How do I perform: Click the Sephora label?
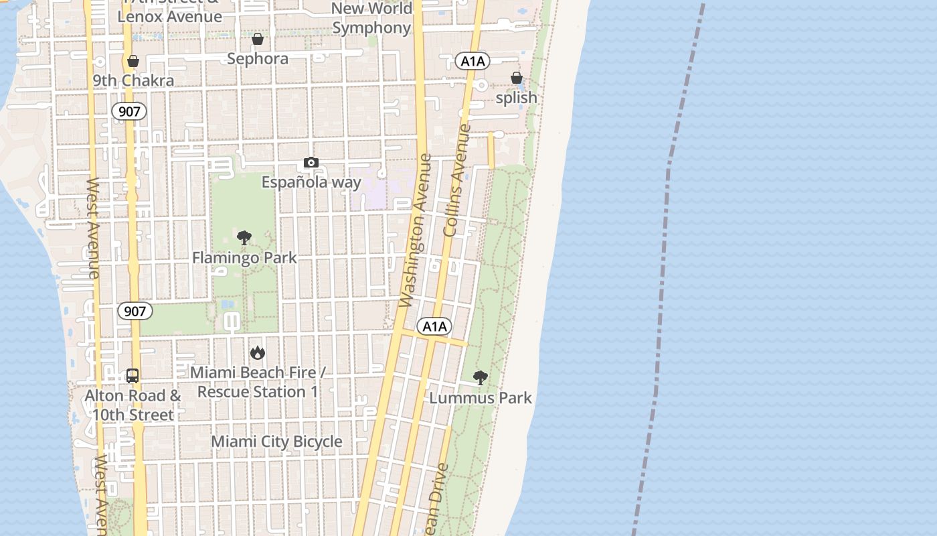click(x=258, y=59)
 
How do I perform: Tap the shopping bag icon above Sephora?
click(x=258, y=40)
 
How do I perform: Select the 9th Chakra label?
click(x=133, y=80)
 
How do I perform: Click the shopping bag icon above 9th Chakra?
click(x=133, y=62)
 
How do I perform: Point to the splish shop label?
click(x=516, y=98)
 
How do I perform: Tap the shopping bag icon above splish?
click(x=517, y=78)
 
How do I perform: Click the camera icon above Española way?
click(x=311, y=162)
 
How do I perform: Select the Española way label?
click(x=311, y=182)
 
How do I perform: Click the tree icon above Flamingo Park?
click(x=244, y=238)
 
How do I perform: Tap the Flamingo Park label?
click(x=244, y=258)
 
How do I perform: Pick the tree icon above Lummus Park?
click(x=480, y=378)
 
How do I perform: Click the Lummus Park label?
click(x=480, y=398)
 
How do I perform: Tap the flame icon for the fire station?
click(x=257, y=352)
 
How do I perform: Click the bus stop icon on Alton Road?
click(x=133, y=376)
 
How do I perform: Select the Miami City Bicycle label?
click(x=276, y=442)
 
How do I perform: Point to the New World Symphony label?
click(x=371, y=18)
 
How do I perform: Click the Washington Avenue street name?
click(x=416, y=231)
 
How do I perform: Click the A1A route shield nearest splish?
click(x=473, y=62)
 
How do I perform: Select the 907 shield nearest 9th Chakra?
click(x=129, y=111)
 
